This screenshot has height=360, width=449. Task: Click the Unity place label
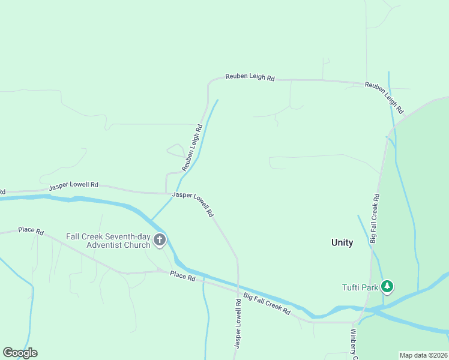tap(342, 242)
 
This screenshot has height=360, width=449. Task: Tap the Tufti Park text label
tap(360, 287)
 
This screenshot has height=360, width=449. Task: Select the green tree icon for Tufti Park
tap(388, 287)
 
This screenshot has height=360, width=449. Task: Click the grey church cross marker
tap(160, 241)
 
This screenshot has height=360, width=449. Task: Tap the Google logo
tap(20, 353)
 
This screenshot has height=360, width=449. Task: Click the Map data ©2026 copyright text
tap(423, 355)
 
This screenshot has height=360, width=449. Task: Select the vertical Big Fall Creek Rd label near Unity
tap(374, 218)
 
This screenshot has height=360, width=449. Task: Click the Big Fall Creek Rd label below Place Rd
tap(267, 304)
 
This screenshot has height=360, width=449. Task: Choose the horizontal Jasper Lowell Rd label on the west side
tap(73, 186)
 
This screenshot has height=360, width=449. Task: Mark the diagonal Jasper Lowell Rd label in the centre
tap(193, 204)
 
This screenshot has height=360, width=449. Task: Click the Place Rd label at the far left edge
tap(31, 230)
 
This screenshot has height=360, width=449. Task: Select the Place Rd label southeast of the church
tap(182, 277)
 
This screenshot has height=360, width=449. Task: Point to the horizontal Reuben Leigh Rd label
tap(250, 77)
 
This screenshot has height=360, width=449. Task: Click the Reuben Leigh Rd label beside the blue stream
tap(191, 147)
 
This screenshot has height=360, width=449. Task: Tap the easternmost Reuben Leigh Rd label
tap(384, 98)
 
